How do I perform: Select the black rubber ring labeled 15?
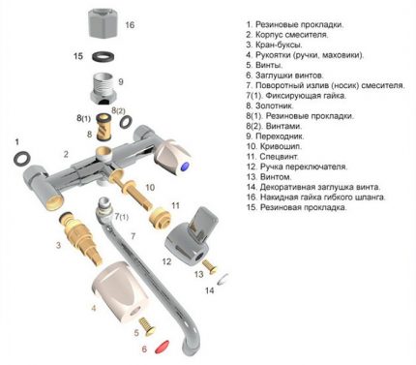coord(102,58)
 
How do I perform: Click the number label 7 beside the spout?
coord(134,236)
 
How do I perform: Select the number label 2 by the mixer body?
coord(66,154)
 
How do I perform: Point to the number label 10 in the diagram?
coord(149,186)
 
